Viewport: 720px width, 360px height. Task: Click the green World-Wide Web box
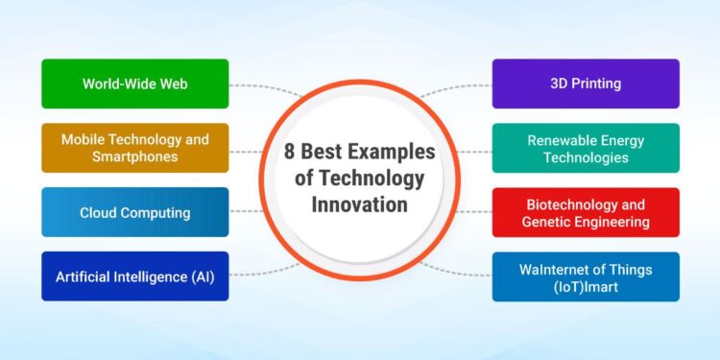click(134, 84)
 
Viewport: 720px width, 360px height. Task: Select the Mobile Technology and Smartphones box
click(134, 148)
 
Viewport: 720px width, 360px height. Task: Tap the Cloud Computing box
click(134, 212)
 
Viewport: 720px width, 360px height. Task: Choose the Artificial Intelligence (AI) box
click(134, 276)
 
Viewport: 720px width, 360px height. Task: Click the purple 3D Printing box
click(586, 84)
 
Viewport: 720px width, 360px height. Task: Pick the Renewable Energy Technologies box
click(586, 148)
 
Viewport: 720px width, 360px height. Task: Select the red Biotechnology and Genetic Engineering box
click(586, 212)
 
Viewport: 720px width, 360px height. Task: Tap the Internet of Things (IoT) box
click(586, 276)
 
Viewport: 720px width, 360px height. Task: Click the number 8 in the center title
click(290, 153)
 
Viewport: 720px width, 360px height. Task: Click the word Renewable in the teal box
click(560, 140)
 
